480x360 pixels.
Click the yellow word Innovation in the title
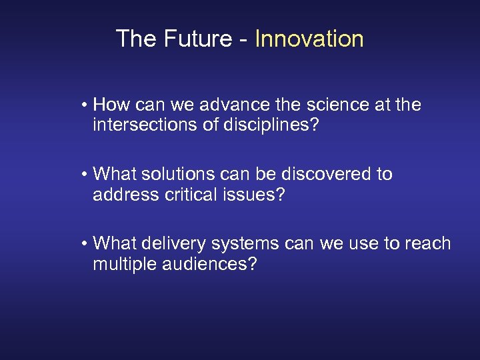pos(309,39)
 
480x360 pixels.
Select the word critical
pos(191,194)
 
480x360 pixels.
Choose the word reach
pos(427,243)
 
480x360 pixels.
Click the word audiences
pos(211,263)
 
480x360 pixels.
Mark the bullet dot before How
pos(86,105)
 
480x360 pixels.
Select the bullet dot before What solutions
pos(86,175)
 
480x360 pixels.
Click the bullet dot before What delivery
pos(86,244)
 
